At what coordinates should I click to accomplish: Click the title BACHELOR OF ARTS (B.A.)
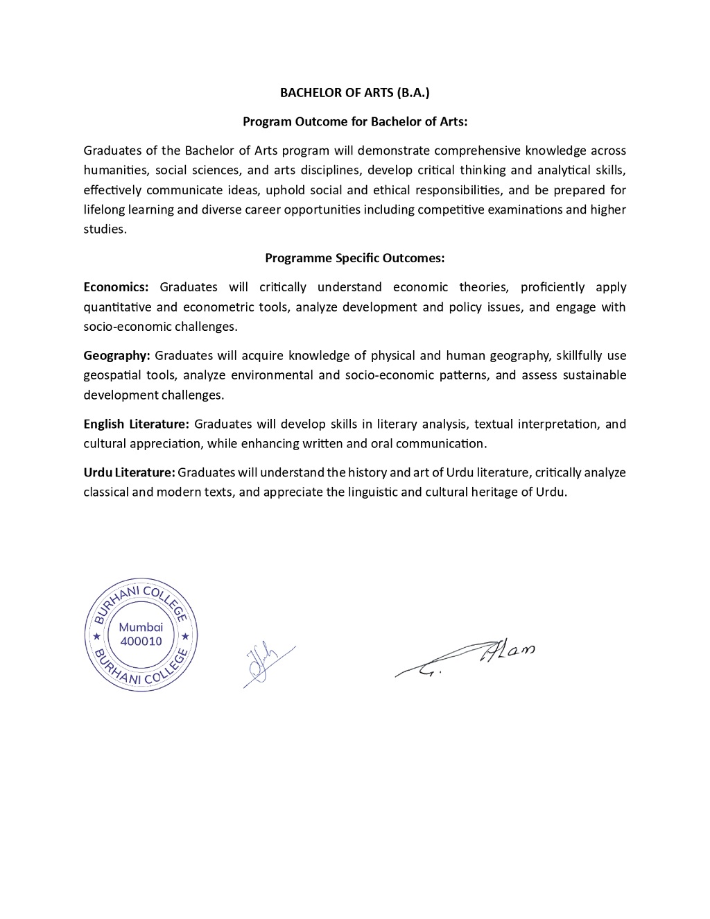355,92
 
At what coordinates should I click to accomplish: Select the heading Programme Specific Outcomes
354,258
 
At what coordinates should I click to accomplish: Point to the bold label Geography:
116,356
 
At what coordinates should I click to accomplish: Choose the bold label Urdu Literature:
129,472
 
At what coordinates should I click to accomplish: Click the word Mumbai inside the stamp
141,627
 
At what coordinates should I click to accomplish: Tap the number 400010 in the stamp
141,641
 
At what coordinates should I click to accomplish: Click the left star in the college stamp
96,636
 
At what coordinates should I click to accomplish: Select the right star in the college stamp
185,636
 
